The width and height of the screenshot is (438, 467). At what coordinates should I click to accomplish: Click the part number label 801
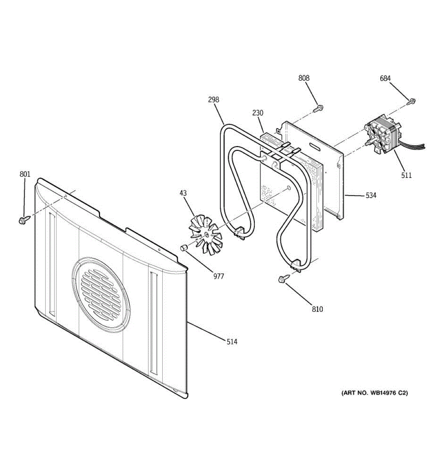pyautogui.click(x=25, y=174)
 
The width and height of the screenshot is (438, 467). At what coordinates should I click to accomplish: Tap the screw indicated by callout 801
pyautogui.click(x=24, y=219)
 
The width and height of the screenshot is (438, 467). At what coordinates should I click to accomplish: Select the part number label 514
pyautogui.click(x=232, y=342)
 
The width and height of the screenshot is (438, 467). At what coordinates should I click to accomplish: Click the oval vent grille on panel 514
pyautogui.click(x=101, y=295)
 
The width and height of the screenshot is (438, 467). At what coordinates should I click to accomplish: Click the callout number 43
pyautogui.click(x=183, y=193)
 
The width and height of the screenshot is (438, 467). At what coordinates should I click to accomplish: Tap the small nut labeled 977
pyautogui.click(x=184, y=248)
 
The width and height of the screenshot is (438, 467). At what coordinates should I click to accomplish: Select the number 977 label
pyautogui.click(x=219, y=276)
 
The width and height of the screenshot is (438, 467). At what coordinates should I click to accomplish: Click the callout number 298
pyautogui.click(x=213, y=100)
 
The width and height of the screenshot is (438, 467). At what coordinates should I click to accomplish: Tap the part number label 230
pyautogui.click(x=258, y=113)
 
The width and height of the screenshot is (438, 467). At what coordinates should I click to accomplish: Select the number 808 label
pyautogui.click(x=304, y=78)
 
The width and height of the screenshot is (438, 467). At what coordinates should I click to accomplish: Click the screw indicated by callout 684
pyautogui.click(x=411, y=101)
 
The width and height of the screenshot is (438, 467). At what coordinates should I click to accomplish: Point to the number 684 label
pyautogui.click(x=385, y=78)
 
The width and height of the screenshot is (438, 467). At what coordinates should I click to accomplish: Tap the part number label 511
pyautogui.click(x=407, y=175)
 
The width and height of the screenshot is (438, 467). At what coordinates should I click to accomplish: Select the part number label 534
pyautogui.click(x=371, y=195)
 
